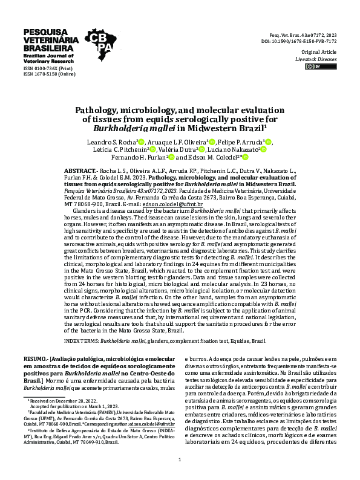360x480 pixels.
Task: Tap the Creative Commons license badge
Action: [315, 68]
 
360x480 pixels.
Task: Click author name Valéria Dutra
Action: [177, 149]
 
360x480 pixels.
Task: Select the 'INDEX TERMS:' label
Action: [80, 341]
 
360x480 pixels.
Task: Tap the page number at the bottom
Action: [180, 460]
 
